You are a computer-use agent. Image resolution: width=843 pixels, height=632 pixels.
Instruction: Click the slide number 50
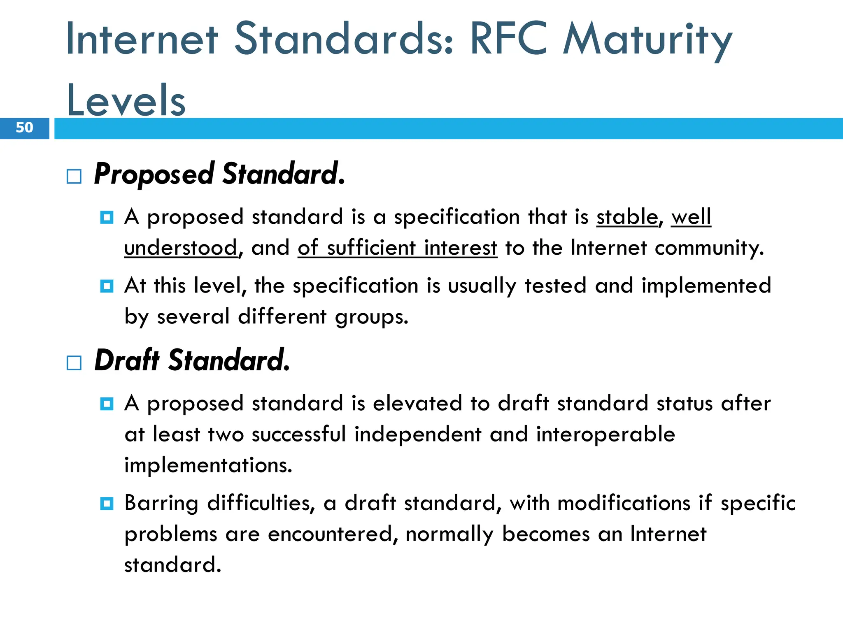pyautogui.click(x=24, y=128)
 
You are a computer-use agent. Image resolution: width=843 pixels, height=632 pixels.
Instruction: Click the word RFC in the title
pyautogui.click(x=509, y=39)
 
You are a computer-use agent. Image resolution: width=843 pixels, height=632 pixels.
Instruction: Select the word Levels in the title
pyautogui.click(x=126, y=100)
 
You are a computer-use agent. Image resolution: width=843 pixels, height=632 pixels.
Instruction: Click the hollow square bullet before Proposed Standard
pyautogui.click(x=74, y=177)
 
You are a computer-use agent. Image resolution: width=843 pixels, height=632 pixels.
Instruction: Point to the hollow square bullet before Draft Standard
pyautogui.click(x=74, y=363)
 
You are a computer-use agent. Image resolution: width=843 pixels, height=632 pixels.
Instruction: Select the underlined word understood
pyautogui.click(x=181, y=248)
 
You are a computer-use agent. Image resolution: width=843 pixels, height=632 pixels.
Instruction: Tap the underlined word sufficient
pyautogui.click(x=371, y=248)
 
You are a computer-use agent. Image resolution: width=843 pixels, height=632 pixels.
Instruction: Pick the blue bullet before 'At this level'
pyautogui.click(x=107, y=286)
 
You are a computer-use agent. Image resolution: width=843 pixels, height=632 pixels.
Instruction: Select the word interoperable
pyautogui.click(x=605, y=434)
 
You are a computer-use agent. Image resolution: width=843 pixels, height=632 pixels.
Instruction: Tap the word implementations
pyautogui.click(x=208, y=465)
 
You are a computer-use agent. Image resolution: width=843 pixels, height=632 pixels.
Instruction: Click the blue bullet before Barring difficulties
pyautogui.click(x=107, y=503)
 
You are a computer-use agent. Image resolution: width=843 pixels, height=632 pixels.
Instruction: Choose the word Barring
pyautogui.click(x=161, y=504)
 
